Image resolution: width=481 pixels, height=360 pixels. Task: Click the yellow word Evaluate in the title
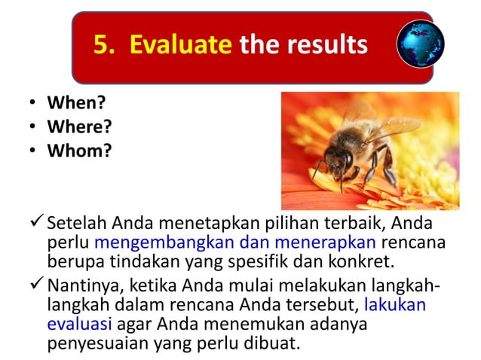(x=180, y=44)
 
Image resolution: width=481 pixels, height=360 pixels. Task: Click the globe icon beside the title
(x=420, y=43)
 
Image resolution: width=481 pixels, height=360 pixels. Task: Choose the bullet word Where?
(x=79, y=127)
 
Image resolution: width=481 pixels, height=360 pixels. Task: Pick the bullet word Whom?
(x=79, y=151)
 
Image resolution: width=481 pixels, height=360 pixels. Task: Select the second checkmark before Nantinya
(x=35, y=285)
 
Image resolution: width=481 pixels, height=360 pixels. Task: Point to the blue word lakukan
(x=394, y=305)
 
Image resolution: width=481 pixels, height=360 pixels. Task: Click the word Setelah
(x=77, y=224)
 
